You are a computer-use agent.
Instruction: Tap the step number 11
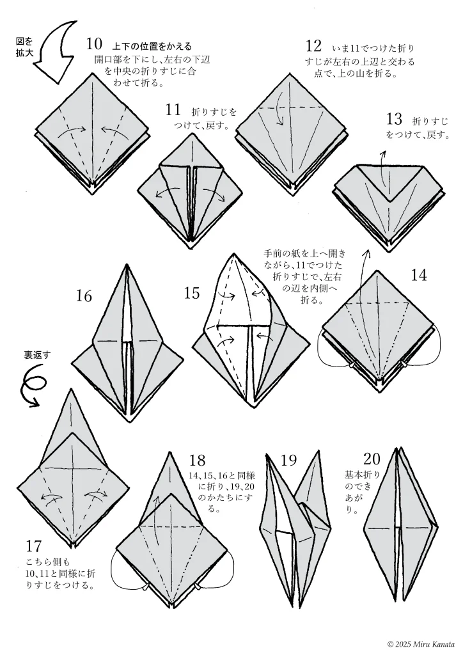point(173,109)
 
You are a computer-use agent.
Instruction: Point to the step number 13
point(395,119)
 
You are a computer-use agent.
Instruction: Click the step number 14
point(419,275)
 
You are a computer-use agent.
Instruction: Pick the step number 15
point(192,294)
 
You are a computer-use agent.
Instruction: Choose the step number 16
point(84,296)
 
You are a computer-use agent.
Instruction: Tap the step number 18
point(197,461)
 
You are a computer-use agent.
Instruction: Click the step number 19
point(289,460)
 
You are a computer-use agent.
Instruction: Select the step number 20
point(372,459)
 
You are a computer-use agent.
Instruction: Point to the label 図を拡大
point(24,48)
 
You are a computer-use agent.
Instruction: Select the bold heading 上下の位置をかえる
point(152,46)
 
